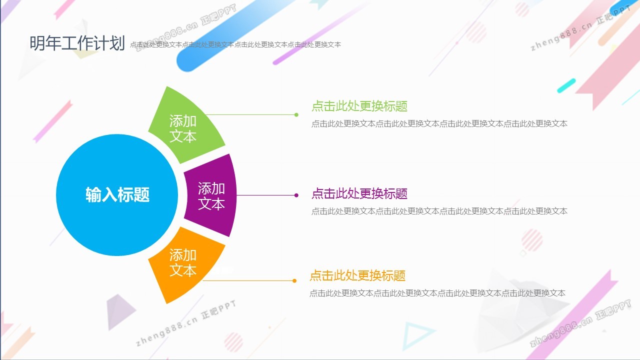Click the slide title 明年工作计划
(77, 43)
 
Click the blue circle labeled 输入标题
(117, 195)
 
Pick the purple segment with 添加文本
(210, 195)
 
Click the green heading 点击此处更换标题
(359, 106)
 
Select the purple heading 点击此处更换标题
(359, 193)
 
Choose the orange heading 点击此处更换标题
(357, 275)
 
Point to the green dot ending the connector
(296, 115)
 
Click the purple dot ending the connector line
(296, 195)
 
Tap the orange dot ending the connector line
(294, 280)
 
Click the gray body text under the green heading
(439, 123)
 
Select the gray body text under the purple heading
(439, 211)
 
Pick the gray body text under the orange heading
(437, 293)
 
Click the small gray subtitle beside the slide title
(235, 44)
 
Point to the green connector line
(251, 115)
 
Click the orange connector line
(248, 280)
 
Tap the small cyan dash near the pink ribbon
(566, 85)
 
